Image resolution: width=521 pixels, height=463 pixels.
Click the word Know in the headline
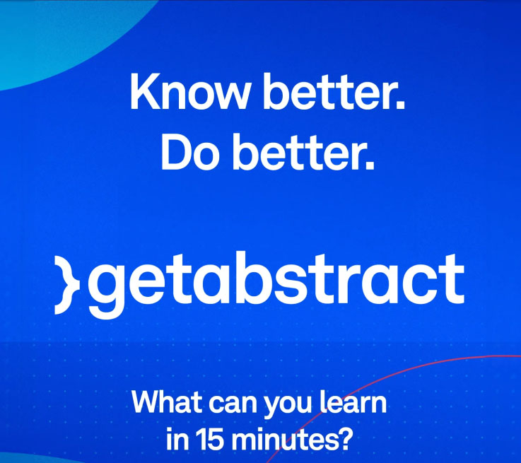pyautogui.click(x=189, y=90)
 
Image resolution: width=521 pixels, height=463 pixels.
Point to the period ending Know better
pyautogui.click(x=401, y=105)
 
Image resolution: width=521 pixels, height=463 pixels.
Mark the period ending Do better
pyautogui.click(x=370, y=165)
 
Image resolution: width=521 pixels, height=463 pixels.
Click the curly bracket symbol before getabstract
pyautogui.click(x=67, y=286)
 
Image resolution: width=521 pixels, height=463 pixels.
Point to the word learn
pyautogui.click(x=353, y=402)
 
